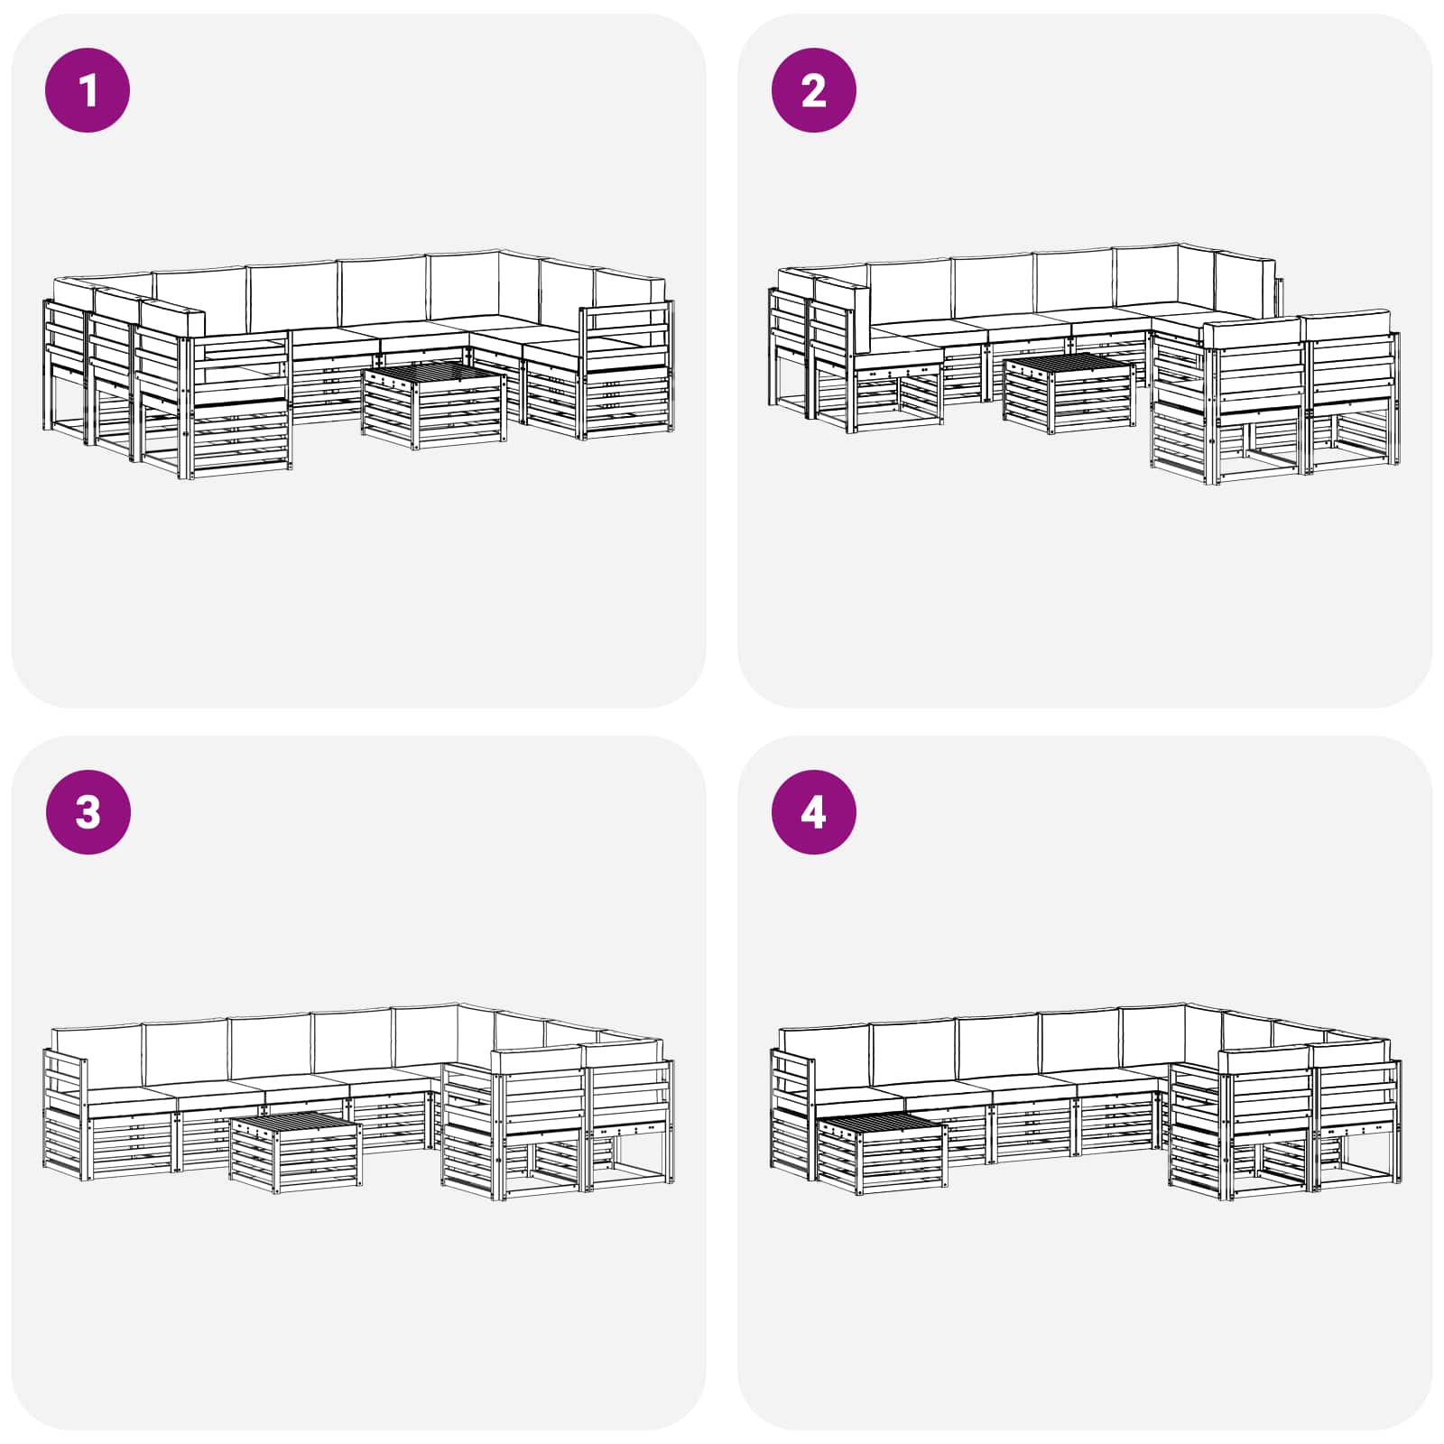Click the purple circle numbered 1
(x=88, y=90)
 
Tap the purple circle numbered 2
(x=813, y=90)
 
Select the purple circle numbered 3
(x=88, y=812)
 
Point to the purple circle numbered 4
(x=813, y=812)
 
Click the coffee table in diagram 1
(x=433, y=405)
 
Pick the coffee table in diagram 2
(x=1069, y=393)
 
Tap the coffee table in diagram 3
(x=296, y=1152)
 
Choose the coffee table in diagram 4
(x=881, y=1152)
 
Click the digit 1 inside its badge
(x=88, y=90)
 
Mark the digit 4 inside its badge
(x=813, y=812)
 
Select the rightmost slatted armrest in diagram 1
(x=627, y=370)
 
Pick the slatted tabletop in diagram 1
(x=433, y=375)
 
